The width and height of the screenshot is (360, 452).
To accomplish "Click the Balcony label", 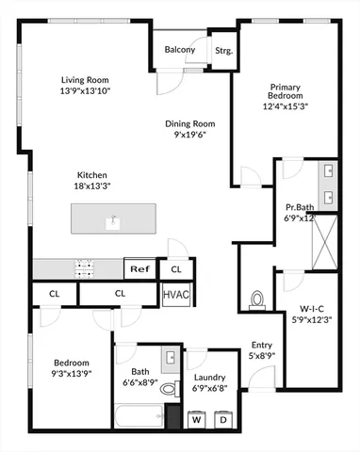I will pyautogui.click(x=180, y=50).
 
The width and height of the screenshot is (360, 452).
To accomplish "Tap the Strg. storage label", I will pyautogui.click(x=223, y=50).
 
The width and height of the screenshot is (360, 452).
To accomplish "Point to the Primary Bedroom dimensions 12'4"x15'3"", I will pyautogui.click(x=286, y=106).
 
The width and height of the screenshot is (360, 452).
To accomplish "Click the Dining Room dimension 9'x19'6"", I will pyautogui.click(x=191, y=135).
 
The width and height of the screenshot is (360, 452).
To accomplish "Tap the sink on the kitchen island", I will pyautogui.click(x=113, y=222).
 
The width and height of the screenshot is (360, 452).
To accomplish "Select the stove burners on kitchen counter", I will pyautogui.click(x=86, y=267).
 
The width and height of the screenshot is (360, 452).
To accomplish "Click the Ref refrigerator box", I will pyautogui.click(x=139, y=269).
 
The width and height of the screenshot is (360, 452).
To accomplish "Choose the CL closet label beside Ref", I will pyautogui.click(x=175, y=269).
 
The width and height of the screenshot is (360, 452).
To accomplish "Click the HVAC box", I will pyautogui.click(x=176, y=295).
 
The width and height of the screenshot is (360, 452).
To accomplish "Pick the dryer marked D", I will pyautogui.click(x=225, y=419).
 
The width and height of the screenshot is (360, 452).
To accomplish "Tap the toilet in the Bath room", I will pyautogui.click(x=169, y=387).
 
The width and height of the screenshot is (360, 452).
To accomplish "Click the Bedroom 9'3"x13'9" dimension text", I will pyautogui.click(x=71, y=374).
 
